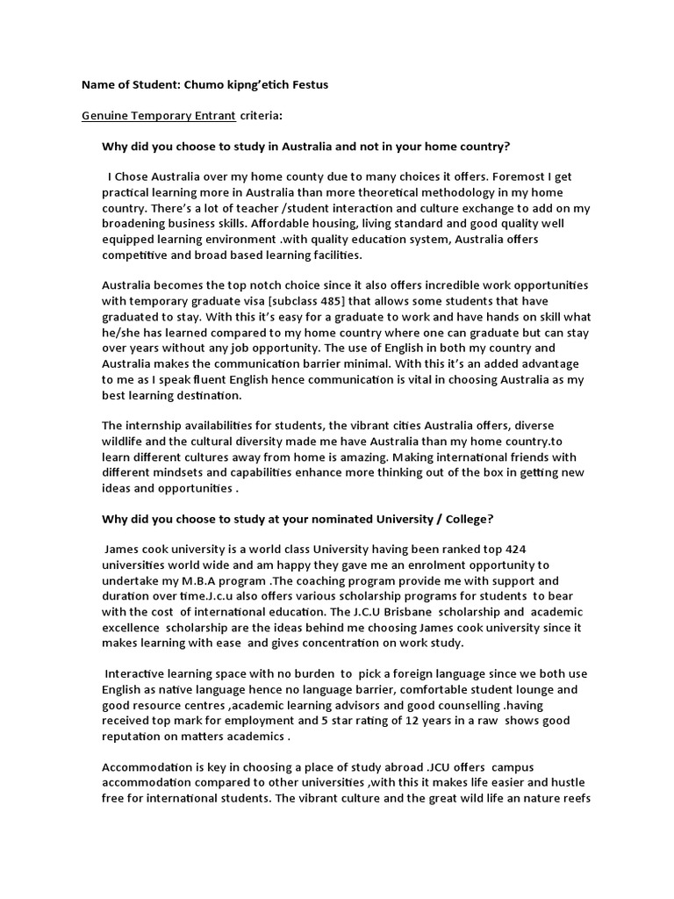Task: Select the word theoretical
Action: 403,192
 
